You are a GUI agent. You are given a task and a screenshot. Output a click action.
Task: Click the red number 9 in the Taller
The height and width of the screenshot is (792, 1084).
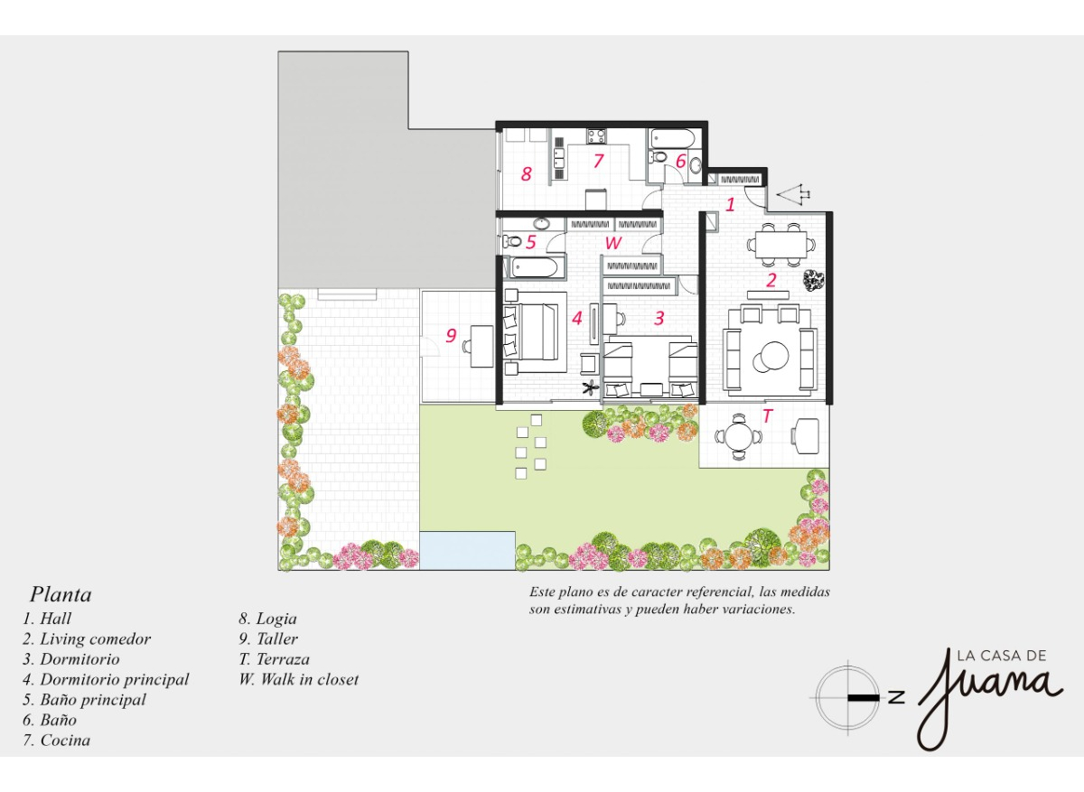pos(451,336)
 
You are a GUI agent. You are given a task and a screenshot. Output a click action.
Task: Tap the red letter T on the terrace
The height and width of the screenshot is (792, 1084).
pos(768,416)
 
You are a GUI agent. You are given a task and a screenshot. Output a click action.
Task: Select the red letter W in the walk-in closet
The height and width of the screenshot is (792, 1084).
pos(613,243)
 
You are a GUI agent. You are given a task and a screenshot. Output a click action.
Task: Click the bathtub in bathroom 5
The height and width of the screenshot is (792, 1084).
pos(534,266)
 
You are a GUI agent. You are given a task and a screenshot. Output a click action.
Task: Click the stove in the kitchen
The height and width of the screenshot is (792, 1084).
pos(597,136)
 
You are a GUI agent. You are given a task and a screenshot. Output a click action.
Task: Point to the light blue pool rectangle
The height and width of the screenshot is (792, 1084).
pos(466,550)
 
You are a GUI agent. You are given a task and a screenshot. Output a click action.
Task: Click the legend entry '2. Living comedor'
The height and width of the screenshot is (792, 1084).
pos(87,639)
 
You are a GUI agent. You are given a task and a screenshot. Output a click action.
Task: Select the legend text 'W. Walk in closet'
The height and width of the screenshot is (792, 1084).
pos(298,679)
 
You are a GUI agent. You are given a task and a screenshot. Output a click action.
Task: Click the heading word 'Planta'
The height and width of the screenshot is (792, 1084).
pos(61,595)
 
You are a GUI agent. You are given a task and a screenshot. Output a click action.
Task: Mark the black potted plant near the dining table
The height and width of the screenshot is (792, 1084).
pos(814,281)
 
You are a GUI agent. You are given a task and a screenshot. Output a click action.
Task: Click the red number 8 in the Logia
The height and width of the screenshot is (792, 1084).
pos(526,174)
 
